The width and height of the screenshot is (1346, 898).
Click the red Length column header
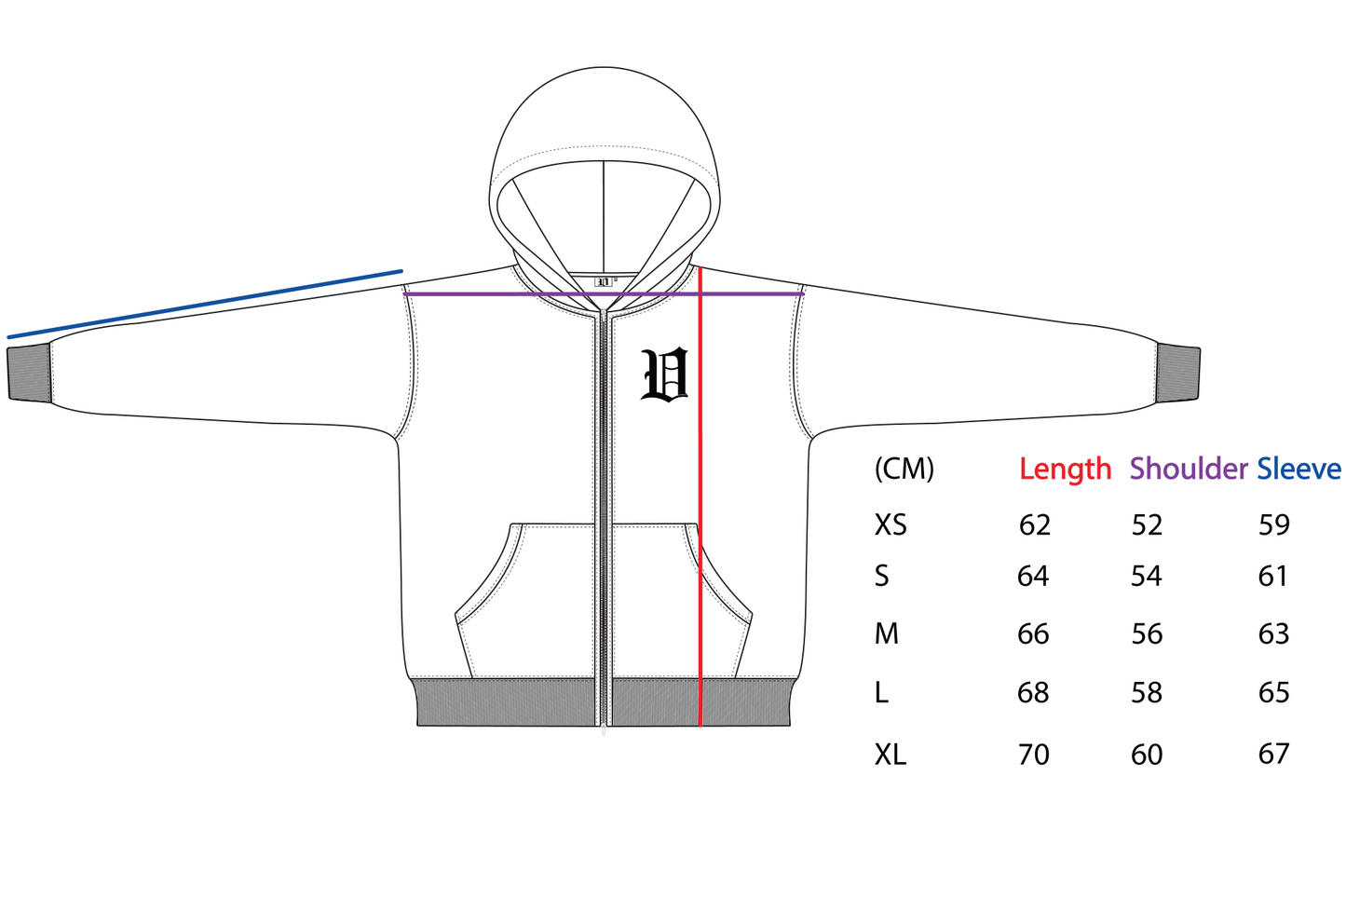tap(1065, 469)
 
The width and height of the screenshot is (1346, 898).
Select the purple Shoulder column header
tap(1188, 469)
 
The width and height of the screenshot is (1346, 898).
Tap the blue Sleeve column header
tap(1298, 469)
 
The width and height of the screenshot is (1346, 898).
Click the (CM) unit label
tap(904, 469)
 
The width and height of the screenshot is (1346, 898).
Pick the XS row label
tap(891, 524)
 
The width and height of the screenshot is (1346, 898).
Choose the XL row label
tap(890, 755)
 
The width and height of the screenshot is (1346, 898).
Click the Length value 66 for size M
tap(1033, 634)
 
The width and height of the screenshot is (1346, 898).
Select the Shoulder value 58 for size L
tap(1147, 692)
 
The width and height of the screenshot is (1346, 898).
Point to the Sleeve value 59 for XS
tap(1274, 524)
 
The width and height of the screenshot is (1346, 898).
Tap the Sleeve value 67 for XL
tap(1274, 754)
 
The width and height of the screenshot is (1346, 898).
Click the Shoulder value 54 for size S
tap(1147, 576)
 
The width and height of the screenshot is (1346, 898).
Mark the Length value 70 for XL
tap(1034, 755)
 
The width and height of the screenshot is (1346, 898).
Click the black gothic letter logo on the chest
tap(664, 374)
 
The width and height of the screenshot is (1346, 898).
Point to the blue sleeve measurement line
tap(205, 304)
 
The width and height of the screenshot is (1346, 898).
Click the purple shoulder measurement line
tap(604, 294)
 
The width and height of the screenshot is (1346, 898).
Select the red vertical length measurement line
tap(700, 497)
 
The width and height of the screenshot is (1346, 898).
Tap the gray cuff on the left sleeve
tap(29, 374)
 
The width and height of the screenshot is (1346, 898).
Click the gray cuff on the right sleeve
tap(1178, 374)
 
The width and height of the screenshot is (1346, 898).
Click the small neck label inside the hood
tap(604, 282)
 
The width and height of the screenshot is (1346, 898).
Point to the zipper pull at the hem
tap(604, 730)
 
